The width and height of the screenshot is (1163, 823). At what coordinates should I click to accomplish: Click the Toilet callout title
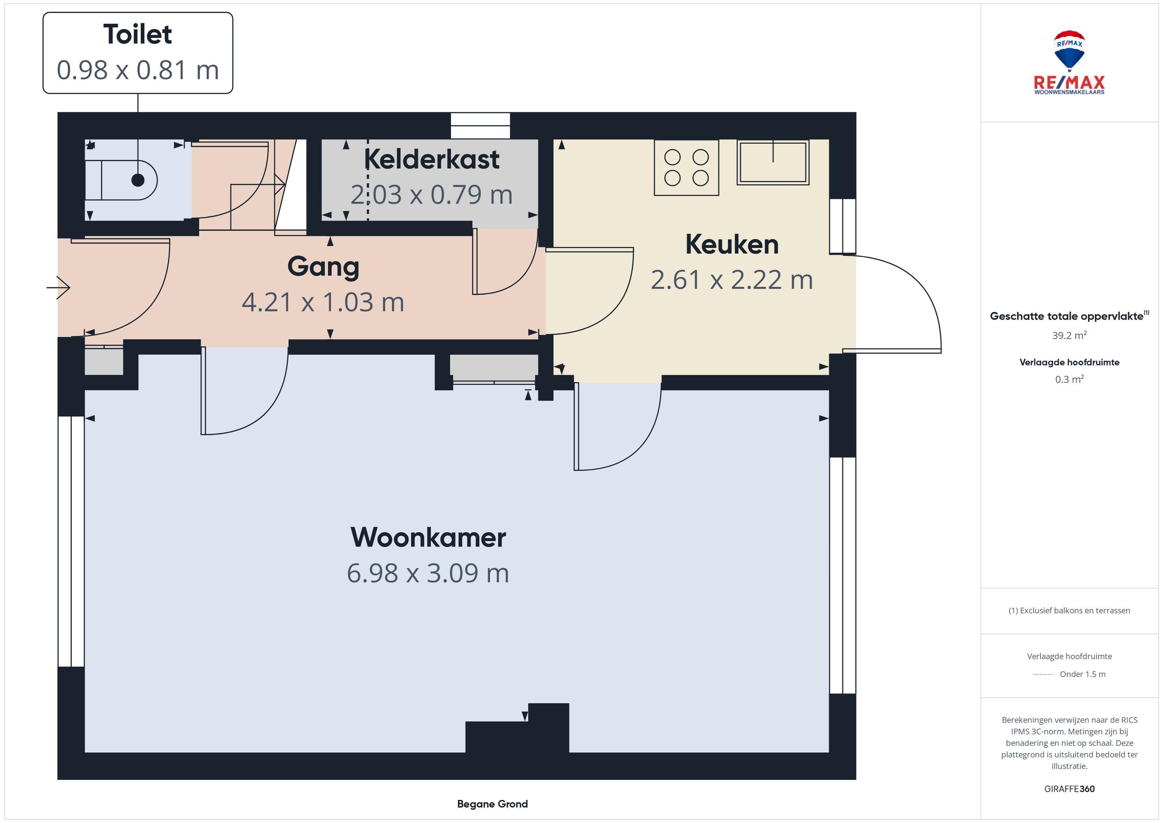tap(138, 34)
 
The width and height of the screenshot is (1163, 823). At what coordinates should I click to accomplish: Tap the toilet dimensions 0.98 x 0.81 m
tap(138, 70)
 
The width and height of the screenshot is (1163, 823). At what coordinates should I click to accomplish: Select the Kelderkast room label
tap(432, 159)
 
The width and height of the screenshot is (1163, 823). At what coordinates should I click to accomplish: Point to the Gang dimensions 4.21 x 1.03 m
tap(323, 302)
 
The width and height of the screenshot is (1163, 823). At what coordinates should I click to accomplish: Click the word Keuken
tap(732, 244)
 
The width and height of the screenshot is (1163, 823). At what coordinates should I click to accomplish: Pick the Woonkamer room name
tap(428, 537)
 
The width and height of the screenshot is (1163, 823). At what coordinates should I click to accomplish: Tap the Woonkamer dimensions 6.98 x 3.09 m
tap(428, 573)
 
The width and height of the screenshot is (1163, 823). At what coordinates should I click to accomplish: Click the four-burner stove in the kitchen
tap(686, 168)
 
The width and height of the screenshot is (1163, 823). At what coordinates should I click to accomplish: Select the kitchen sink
tap(773, 162)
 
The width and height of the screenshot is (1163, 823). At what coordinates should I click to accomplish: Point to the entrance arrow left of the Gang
tap(58, 287)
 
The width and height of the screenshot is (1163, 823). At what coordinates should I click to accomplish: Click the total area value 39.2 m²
tap(1069, 335)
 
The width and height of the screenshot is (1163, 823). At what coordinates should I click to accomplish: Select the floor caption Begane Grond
tap(492, 804)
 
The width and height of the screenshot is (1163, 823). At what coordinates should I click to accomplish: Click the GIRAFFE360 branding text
tap(1069, 789)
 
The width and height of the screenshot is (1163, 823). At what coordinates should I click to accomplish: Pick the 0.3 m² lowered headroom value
tap(1069, 379)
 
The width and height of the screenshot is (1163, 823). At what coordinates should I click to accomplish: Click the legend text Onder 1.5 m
tap(1083, 674)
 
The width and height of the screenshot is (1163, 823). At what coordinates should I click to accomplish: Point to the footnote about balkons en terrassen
tap(1069, 610)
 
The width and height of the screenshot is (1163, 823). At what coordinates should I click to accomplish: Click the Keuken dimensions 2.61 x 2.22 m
tap(732, 280)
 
